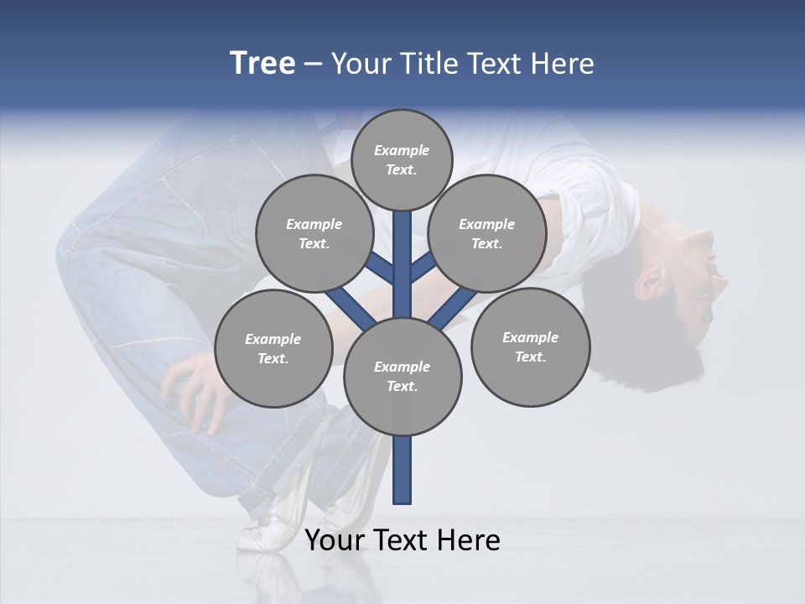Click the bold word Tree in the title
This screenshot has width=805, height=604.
coord(262,64)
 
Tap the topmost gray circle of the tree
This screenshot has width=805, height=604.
coord(402,160)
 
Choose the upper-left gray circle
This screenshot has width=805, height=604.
coord(314,234)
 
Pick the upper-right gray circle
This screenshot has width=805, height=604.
coord(486,234)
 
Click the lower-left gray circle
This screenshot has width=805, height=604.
coord(273,349)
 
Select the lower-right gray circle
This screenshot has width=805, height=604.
coord(530,347)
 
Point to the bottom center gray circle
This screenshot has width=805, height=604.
coord(402,377)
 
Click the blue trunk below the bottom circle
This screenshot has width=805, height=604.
coord(402,470)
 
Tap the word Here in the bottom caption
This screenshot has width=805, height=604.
coord(469,540)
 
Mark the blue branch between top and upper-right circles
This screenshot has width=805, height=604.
coord(423,266)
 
